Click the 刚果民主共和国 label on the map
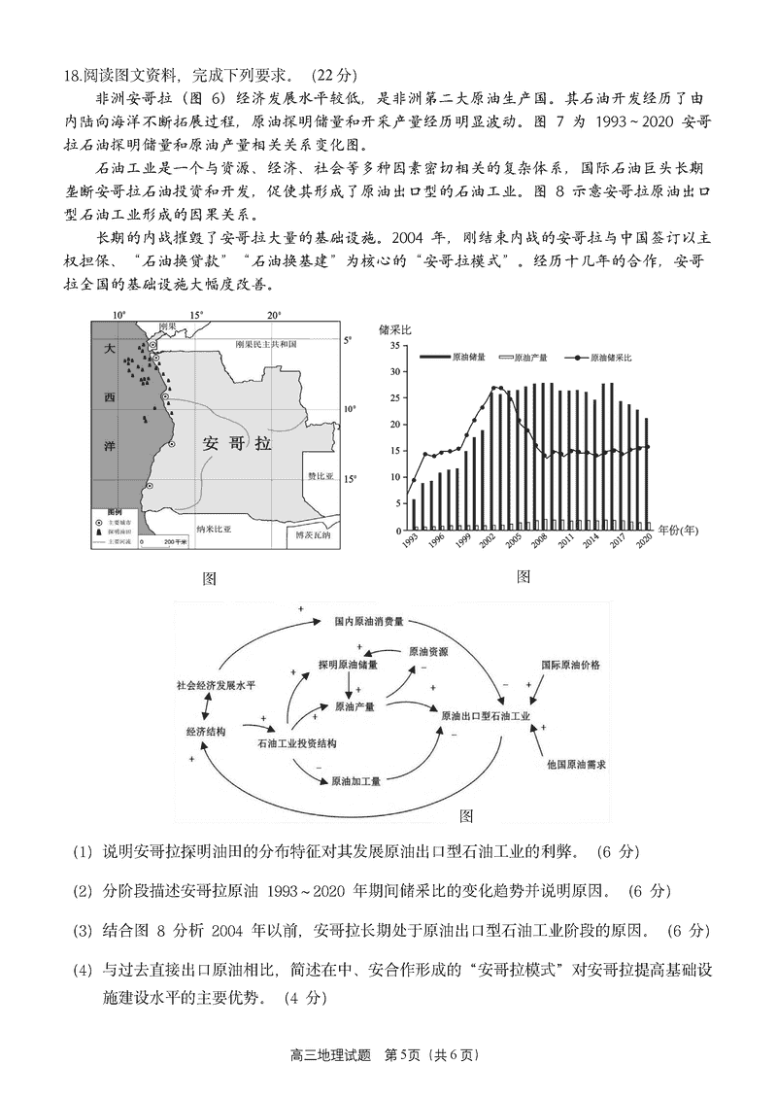click(279, 344)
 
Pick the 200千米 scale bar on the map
click(162, 540)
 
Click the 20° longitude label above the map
click(274, 315)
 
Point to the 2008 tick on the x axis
click(538, 541)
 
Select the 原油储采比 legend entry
click(601, 359)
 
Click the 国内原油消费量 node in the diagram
click(368, 621)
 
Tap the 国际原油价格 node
click(570, 665)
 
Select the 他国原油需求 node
click(576, 765)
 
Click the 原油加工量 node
click(355, 780)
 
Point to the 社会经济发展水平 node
click(216, 685)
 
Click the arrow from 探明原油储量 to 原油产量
click(350, 688)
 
